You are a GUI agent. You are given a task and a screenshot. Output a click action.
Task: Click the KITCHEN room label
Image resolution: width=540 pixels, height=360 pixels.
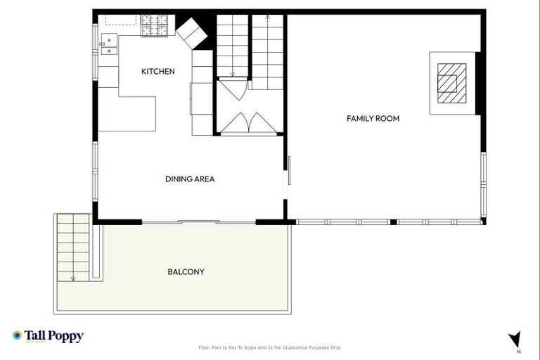pos(158,72)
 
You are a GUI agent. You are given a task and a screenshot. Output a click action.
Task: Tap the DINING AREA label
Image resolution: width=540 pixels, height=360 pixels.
pos(190,179)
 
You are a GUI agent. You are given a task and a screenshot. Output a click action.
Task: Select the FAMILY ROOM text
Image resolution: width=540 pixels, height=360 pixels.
pos(373,119)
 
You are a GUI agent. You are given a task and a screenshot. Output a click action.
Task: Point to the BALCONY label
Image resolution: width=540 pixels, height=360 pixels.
pos(186,271)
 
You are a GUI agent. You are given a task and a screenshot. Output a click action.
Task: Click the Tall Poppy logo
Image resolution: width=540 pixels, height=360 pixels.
pos(48,336)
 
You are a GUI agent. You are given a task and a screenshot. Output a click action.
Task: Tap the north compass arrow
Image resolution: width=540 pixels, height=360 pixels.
pos(515,340)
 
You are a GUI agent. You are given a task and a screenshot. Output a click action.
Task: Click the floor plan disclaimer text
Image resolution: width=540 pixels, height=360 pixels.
pos(270,347)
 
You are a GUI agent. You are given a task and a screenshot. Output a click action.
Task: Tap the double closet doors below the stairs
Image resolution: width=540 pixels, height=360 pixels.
pos(249,123)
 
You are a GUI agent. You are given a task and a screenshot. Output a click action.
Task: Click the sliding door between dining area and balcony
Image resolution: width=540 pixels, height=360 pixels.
pos(198,222)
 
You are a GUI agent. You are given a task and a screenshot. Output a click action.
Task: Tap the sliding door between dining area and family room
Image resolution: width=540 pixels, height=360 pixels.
pos(288,179)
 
